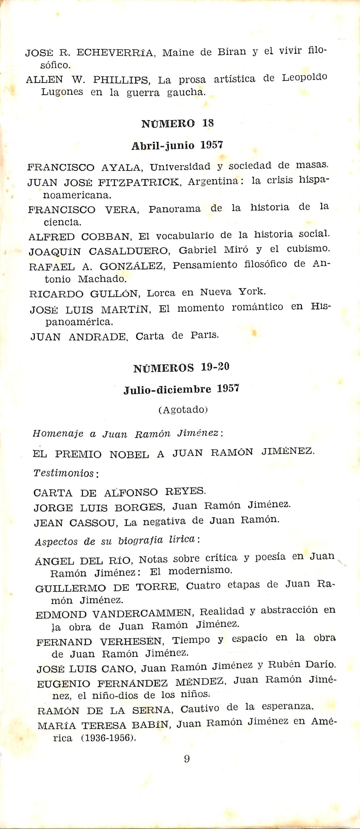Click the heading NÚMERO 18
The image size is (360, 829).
tap(177, 124)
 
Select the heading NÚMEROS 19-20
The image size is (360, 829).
tap(181, 368)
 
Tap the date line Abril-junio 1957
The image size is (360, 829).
tap(177, 145)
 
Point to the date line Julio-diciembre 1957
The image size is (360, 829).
tap(181, 389)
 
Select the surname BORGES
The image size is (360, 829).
tap(139, 508)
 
